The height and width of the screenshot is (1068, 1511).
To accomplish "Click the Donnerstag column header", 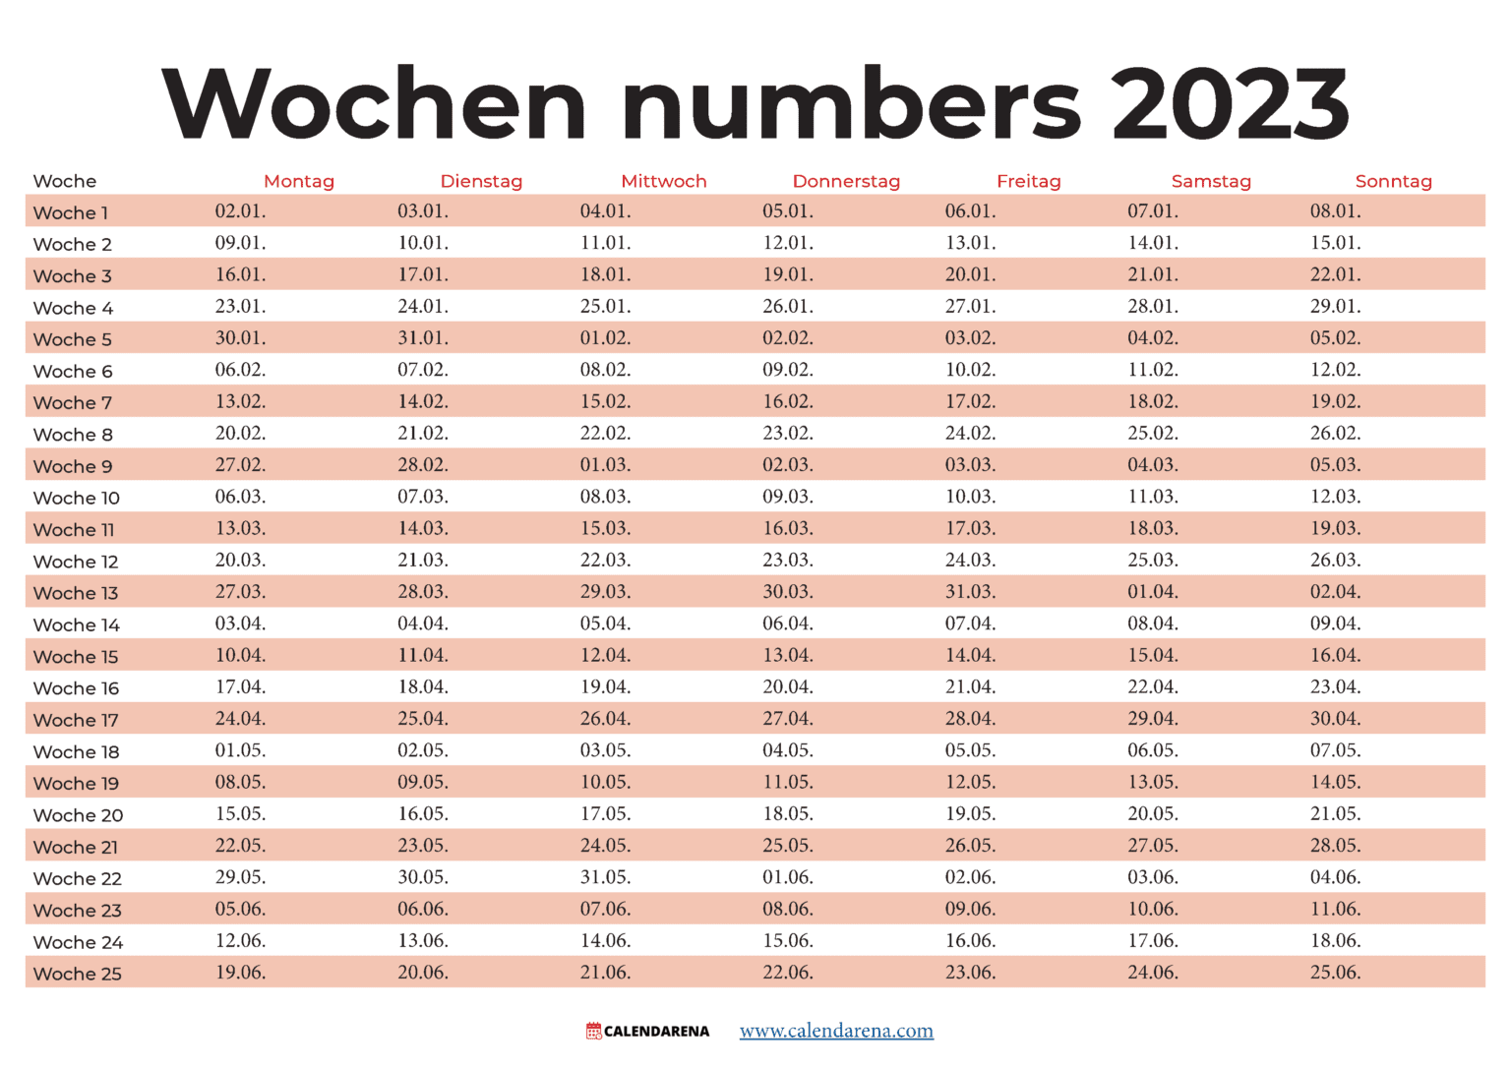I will [x=846, y=181].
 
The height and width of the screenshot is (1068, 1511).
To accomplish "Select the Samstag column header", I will [x=1211, y=181].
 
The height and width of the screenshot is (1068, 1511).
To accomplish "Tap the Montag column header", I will [x=299, y=181].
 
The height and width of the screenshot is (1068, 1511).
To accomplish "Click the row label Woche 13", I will [x=76, y=593].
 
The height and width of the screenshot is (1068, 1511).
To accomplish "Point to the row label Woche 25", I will [x=78, y=974].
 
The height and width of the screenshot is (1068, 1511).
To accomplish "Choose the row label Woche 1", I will [x=71, y=212].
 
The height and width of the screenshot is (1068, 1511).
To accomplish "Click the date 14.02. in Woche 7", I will [x=423, y=401].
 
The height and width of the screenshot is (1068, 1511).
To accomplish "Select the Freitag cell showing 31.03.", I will [x=970, y=592].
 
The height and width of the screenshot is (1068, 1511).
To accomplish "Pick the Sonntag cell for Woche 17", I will [x=1335, y=719].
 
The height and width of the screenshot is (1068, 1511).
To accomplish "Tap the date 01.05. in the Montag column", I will [x=240, y=750].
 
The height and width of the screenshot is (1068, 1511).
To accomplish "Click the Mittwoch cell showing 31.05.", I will [x=605, y=877].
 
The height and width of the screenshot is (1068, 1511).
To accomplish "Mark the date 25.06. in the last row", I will [x=1335, y=973].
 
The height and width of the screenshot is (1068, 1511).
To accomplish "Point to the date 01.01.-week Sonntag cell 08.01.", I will [x=1335, y=211].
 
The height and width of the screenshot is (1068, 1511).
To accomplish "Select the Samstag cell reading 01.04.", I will [x=1153, y=592].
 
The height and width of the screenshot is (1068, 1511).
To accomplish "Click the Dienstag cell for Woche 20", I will [x=423, y=814].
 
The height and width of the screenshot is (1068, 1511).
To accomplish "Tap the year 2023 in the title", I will [x=1230, y=104].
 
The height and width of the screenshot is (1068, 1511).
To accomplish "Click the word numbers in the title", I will [x=851, y=104].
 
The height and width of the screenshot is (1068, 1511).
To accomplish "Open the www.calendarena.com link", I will [x=836, y=1031].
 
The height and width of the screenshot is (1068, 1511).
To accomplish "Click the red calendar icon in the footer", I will [x=593, y=1031].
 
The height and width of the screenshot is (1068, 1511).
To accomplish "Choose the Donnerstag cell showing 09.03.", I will [x=788, y=497].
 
